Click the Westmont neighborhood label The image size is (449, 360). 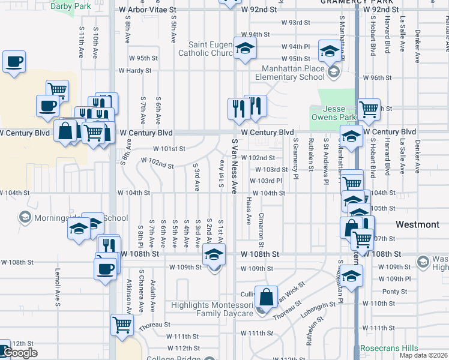click(x=418, y=224)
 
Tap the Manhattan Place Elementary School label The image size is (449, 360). click(x=290, y=73)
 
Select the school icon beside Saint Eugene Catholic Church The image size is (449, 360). click(x=244, y=49)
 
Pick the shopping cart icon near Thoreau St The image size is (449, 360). click(x=122, y=325)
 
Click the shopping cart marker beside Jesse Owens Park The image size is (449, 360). click(x=369, y=109)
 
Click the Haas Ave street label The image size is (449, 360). click(x=249, y=211)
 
